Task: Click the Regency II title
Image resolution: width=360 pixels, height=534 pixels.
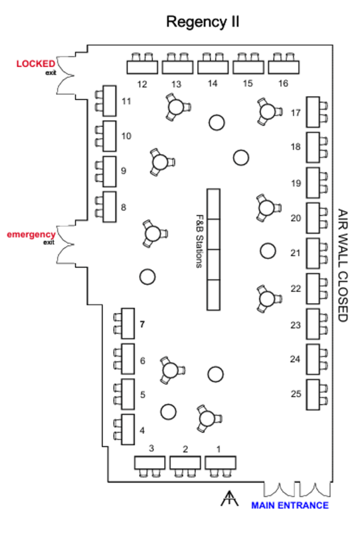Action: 203,22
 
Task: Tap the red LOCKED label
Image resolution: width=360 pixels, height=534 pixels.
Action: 35,64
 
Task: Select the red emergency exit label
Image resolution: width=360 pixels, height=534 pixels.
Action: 31,235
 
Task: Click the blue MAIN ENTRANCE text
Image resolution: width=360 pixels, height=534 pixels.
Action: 290,505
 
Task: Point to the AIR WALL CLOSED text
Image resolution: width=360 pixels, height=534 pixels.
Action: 342,265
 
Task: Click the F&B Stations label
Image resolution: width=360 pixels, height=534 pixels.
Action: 199,241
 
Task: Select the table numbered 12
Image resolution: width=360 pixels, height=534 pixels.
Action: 142,67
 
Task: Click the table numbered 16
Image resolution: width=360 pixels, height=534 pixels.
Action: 284,67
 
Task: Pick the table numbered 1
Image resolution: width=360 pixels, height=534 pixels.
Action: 220,462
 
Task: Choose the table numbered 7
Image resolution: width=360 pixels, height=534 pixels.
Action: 128,323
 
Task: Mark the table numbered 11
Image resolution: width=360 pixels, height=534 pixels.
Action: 110,101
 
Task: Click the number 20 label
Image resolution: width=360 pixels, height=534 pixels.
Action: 296,218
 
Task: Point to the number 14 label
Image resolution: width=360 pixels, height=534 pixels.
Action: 212,83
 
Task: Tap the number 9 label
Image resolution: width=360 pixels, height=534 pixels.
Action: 124,171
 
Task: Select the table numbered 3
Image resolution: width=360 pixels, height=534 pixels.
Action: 150,462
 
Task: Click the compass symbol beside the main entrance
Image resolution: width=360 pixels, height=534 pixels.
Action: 229,499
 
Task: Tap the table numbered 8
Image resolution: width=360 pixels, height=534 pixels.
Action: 110,207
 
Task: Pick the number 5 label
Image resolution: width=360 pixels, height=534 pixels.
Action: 143,395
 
